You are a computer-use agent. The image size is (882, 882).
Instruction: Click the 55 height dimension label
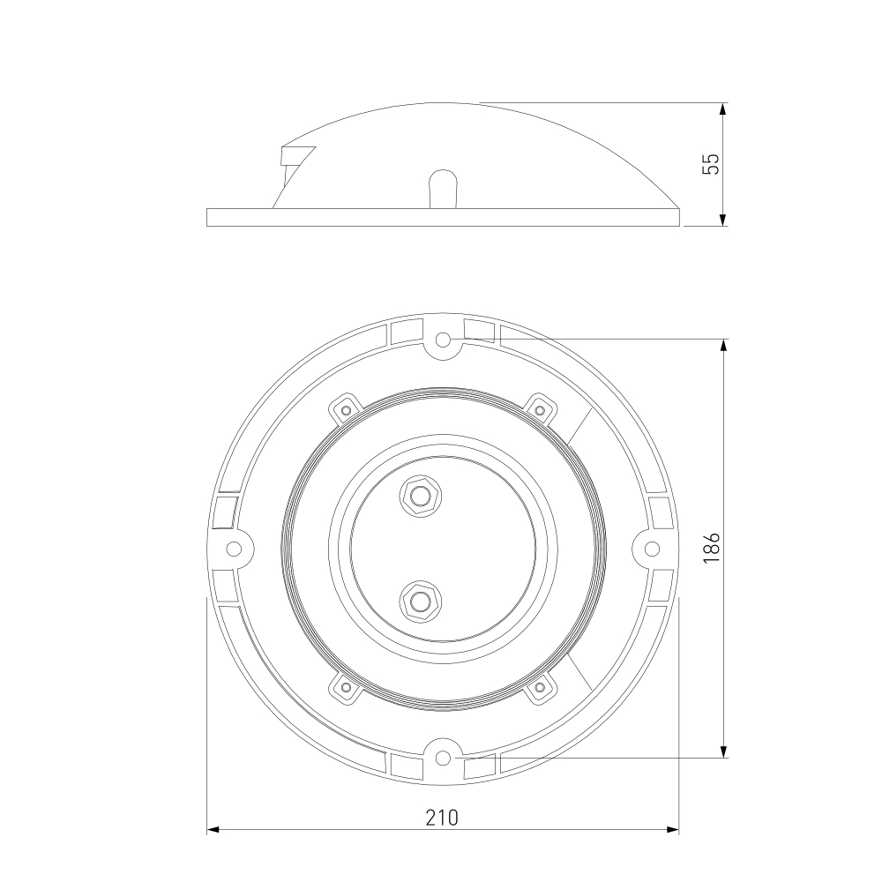(712, 164)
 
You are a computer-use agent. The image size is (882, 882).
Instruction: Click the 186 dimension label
(712, 548)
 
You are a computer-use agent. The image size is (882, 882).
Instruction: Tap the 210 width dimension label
(442, 818)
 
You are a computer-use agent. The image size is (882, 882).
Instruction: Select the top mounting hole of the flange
(444, 340)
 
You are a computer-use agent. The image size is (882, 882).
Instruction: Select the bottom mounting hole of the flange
(444, 758)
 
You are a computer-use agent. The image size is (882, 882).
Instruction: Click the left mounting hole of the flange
(234, 549)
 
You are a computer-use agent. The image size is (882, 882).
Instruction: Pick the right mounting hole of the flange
(652, 549)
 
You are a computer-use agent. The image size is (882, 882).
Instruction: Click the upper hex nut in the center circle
(420, 496)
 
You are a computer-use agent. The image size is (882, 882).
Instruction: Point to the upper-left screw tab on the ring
(345, 409)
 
